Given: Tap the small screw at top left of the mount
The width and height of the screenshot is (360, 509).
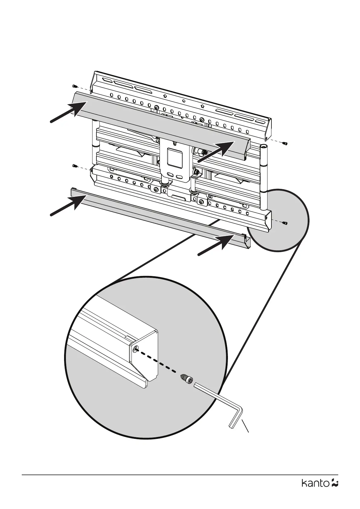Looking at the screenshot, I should pos(74,86).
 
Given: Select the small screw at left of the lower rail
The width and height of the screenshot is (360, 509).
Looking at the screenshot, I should pos(75,166).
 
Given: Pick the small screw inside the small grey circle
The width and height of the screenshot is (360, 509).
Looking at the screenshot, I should pos(285,223).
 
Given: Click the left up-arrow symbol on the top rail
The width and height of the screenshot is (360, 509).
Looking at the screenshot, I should pos(165,96).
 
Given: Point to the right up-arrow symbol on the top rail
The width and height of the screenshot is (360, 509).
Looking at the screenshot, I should pos(202,106).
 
